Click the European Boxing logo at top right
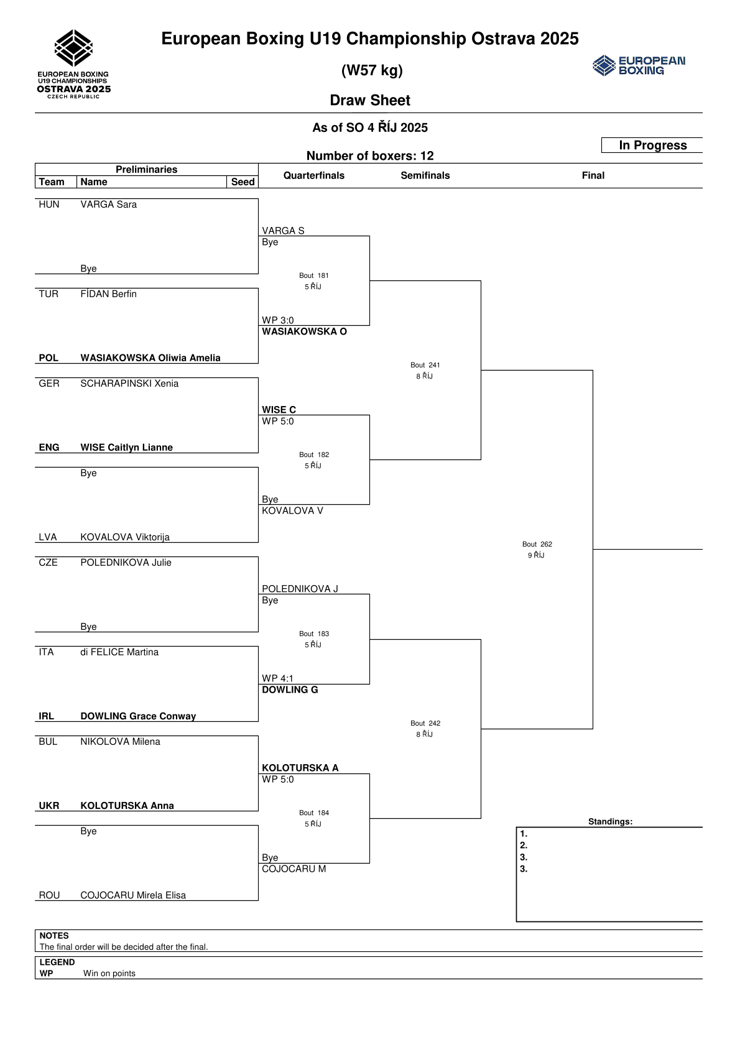point(639,65)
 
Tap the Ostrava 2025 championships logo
point(74,64)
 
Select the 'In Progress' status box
point(652,145)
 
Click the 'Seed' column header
point(243,182)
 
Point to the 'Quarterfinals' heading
point(314,175)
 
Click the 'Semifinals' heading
point(425,175)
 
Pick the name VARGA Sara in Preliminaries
point(108,205)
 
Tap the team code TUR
point(49,294)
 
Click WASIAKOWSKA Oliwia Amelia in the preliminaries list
point(150,358)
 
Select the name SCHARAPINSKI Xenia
point(129,384)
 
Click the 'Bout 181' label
point(314,275)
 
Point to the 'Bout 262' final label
point(537,544)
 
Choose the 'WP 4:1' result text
point(277,678)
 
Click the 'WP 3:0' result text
point(277,320)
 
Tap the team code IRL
point(47,716)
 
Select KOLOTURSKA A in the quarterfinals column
point(300,768)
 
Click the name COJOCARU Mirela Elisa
point(133,895)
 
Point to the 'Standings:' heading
point(610,821)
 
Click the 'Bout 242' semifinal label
point(425,723)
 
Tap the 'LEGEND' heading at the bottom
point(57,962)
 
